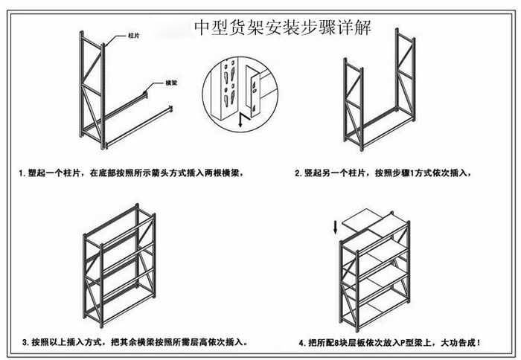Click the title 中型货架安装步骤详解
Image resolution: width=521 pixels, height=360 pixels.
pyautogui.click(x=282, y=28)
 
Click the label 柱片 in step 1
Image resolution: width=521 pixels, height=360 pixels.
pyautogui.click(x=134, y=35)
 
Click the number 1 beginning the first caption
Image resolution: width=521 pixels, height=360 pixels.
pyautogui.click(x=22, y=173)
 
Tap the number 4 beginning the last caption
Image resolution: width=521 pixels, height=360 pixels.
pyautogui.click(x=301, y=343)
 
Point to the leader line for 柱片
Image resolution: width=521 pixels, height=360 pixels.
pyautogui.click(x=115, y=38)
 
